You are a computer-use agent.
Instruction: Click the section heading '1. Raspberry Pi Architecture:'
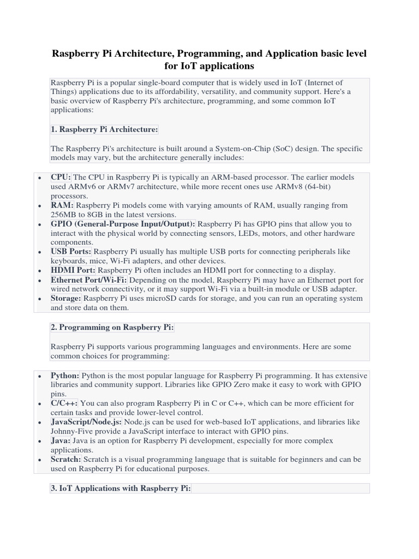pos(104,129)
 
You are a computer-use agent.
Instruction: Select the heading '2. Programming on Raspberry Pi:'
pos(112,328)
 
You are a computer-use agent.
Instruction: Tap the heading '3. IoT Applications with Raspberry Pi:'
pos(121,489)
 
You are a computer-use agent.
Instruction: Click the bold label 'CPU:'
pos(61,177)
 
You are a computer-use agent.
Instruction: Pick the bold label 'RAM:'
pos(62,205)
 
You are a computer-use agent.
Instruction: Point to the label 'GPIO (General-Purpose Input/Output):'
pos(123,224)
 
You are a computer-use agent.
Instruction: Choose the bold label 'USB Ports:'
pos(71,252)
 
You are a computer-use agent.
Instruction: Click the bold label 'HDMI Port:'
pos(73,270)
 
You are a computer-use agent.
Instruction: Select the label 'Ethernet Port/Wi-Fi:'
pos(88,279)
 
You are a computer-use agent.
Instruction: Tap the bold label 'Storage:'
pos(66,299)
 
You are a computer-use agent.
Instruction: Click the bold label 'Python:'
pos(65,376)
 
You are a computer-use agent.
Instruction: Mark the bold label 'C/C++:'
pos(64,403)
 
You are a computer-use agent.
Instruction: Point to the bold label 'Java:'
pos(61,441)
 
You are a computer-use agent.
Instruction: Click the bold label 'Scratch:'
pos(66,460)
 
